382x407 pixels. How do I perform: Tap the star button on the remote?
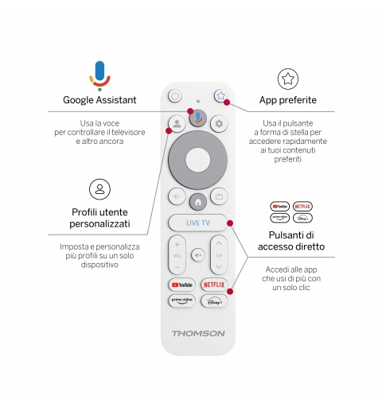pos(220,96)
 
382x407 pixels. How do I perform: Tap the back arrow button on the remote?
pos(176,196)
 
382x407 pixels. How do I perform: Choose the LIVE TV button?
pos(197,223)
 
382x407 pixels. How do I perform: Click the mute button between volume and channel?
pos(197,256)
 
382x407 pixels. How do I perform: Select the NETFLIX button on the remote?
pos(213,284)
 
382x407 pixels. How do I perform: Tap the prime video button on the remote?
pos(181,300)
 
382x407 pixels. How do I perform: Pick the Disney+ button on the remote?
pos(213,300)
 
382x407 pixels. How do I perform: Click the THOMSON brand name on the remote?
pos(197,333)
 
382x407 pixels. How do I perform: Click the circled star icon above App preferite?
pos(288,78)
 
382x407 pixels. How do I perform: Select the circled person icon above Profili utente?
pos(99,189)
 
